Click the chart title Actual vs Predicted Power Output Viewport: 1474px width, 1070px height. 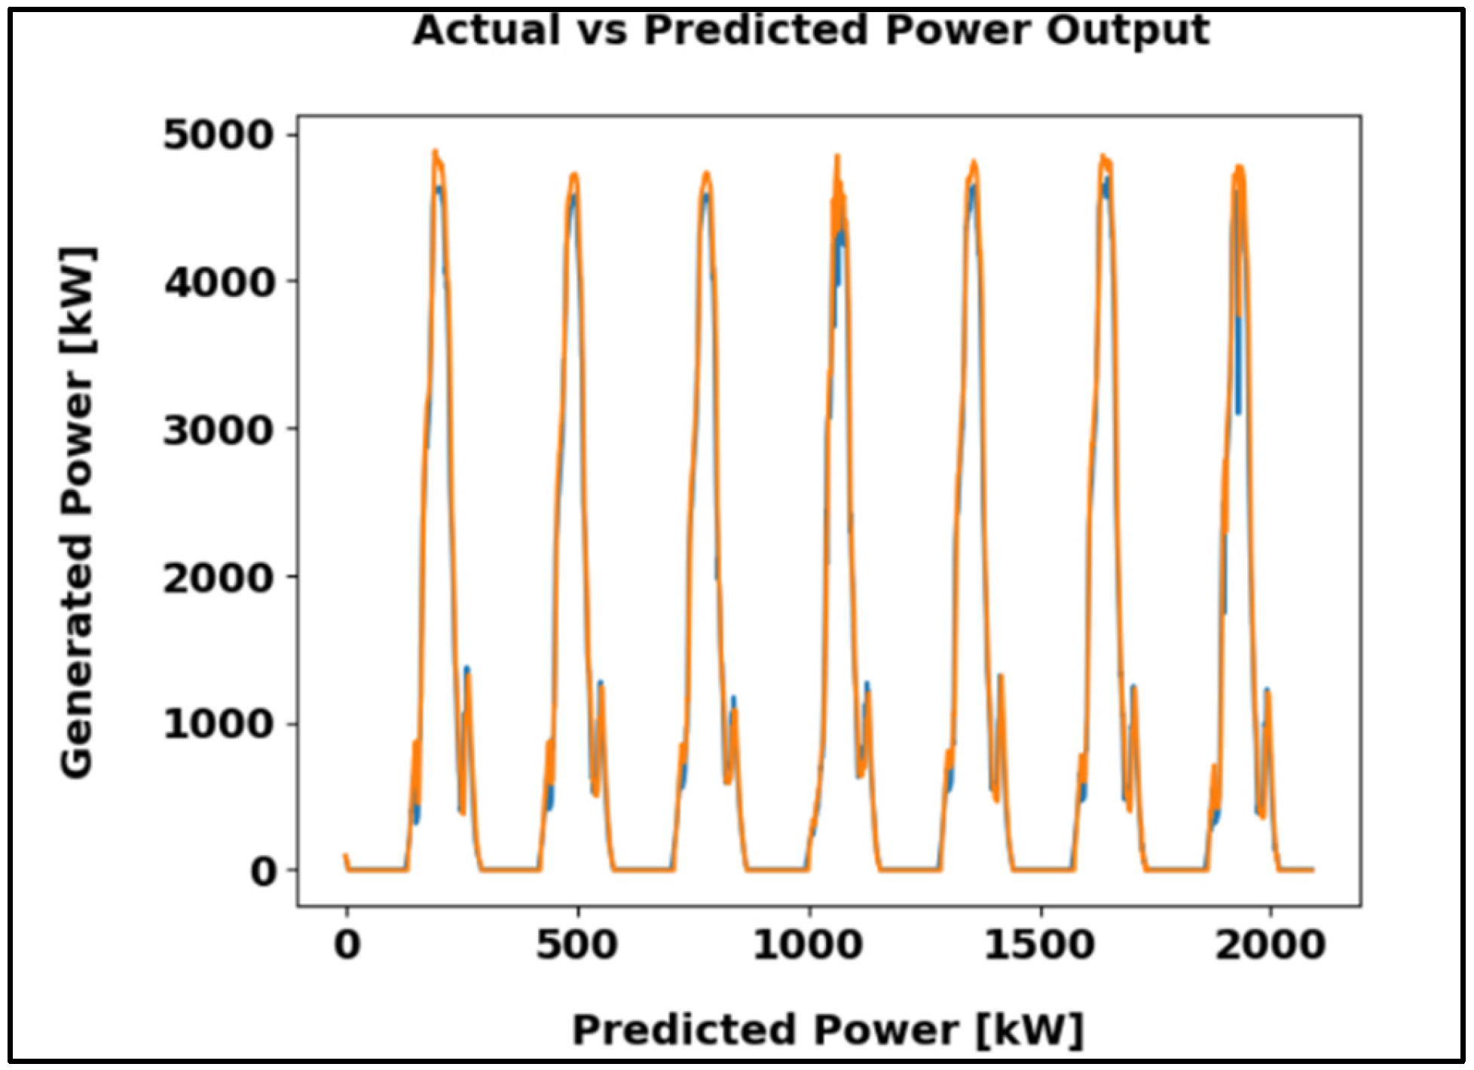point(811,32)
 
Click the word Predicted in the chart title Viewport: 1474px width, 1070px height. point(757,32)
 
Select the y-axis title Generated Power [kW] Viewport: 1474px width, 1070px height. point(78,512)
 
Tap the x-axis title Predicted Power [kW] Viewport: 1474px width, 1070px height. point(827,1030)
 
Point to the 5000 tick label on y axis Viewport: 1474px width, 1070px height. point(218,136)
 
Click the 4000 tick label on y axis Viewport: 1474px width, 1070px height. point(218,284)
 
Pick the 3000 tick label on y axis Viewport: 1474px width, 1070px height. point(218,431)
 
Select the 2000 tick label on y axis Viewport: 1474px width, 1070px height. point(218,578)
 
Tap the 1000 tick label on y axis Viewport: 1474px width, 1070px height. point(218,725)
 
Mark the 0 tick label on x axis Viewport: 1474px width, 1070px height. point(347,945)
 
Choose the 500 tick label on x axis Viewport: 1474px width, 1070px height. point(577,945)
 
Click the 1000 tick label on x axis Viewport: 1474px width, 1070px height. point(808,945)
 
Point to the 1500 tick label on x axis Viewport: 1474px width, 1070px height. point(1039,945)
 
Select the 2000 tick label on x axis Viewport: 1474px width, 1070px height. point(1271,945)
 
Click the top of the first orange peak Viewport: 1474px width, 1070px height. point(436,152)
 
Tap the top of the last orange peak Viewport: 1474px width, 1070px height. point(1240,167)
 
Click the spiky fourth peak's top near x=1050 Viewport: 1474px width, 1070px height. point(837,157)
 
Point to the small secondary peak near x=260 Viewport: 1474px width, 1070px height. point(467,670)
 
